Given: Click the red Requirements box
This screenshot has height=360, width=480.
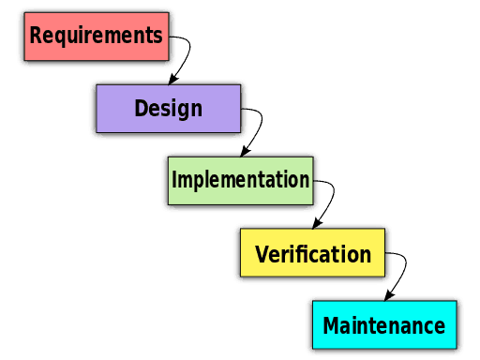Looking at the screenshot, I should click(96, 37).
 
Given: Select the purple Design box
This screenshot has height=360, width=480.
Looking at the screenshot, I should click(169, 109).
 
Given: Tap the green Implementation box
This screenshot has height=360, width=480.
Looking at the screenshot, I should click(240, 180).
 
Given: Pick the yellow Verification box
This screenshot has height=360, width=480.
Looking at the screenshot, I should click(312, 253).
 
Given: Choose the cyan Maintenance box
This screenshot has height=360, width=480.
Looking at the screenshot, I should click(383, 325).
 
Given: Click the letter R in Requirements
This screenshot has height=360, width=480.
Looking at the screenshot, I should click(36, 37).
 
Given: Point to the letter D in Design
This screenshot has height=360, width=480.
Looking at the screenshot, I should click(141, 109).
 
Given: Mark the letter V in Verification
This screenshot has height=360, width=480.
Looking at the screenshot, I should click(262, 254).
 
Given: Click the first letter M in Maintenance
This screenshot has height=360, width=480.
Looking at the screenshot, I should click(331, 326).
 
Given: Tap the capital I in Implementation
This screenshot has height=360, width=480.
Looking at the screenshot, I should click(174, 179).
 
